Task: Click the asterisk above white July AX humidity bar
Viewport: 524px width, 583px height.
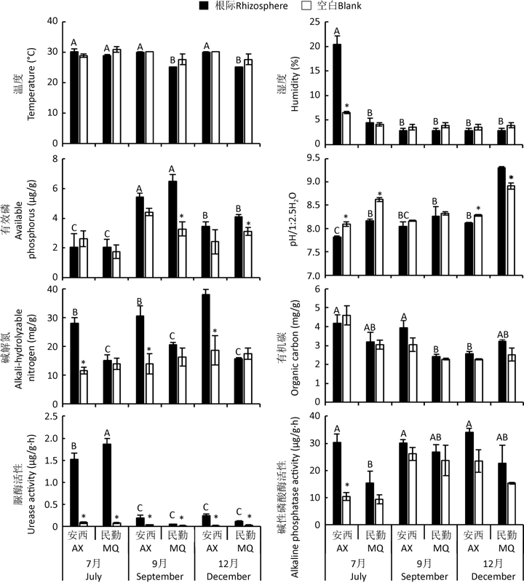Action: (347, 107)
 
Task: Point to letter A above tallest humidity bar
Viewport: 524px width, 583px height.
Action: (336, 31)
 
